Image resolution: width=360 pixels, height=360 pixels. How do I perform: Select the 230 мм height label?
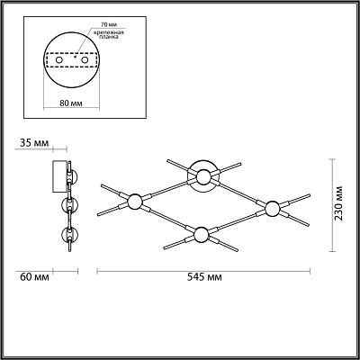339,204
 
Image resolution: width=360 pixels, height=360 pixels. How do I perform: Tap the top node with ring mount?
205,175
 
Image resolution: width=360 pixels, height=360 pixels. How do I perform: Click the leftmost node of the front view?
135,200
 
